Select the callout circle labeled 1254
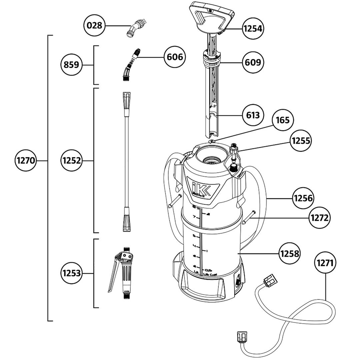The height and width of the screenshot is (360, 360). [252, 29]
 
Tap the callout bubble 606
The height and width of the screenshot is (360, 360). [175, 57]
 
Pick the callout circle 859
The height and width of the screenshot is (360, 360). [72, 65]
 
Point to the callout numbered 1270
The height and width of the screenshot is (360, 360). [26, 161]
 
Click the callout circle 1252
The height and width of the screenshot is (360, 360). [72, 161]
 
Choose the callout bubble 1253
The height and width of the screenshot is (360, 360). [72, 273]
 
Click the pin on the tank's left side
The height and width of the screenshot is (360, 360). [174, 201]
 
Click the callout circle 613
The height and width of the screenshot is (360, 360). [253, 115]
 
